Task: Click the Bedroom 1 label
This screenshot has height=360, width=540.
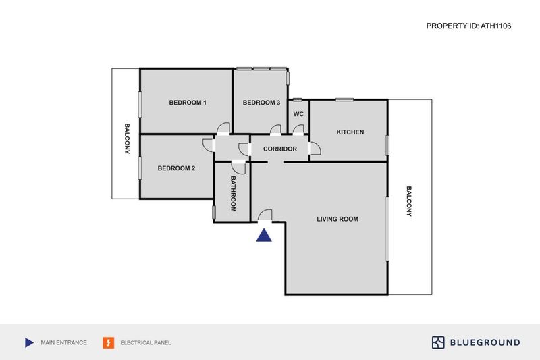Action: [x=188, y=103]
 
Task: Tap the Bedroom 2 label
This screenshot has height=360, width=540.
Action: [x=176, y=168]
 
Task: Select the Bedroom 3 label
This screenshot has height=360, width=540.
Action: [x=261, y=103]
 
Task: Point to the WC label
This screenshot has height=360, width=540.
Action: [x=298, y=114]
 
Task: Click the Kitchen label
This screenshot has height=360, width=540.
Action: [x=350, y=132]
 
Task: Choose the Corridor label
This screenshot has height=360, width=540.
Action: [x=280, y=149]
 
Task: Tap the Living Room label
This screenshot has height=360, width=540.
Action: [x=337, y=219]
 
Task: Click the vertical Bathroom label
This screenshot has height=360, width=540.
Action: [x=233, y=194]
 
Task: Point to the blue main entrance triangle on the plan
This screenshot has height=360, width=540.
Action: [x=264, y=235]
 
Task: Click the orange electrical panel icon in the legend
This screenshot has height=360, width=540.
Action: [x=109, y=342]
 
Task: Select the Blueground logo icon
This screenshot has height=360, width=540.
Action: [x=438, y=342]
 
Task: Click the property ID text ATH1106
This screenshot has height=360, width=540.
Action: [x=496, y=26]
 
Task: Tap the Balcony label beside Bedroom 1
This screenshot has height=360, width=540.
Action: [x=127, y=138]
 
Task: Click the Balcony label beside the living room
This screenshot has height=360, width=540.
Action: [x=409, y=201]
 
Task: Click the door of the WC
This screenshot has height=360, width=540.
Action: [x=298, y=130]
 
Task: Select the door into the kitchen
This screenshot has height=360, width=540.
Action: [x=315, y=149]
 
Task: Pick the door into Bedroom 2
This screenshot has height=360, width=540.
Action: [x=209, y=145]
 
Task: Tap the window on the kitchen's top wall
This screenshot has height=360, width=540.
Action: [x=344, y=100]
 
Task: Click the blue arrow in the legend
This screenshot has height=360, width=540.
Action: [x=29, y=342]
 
